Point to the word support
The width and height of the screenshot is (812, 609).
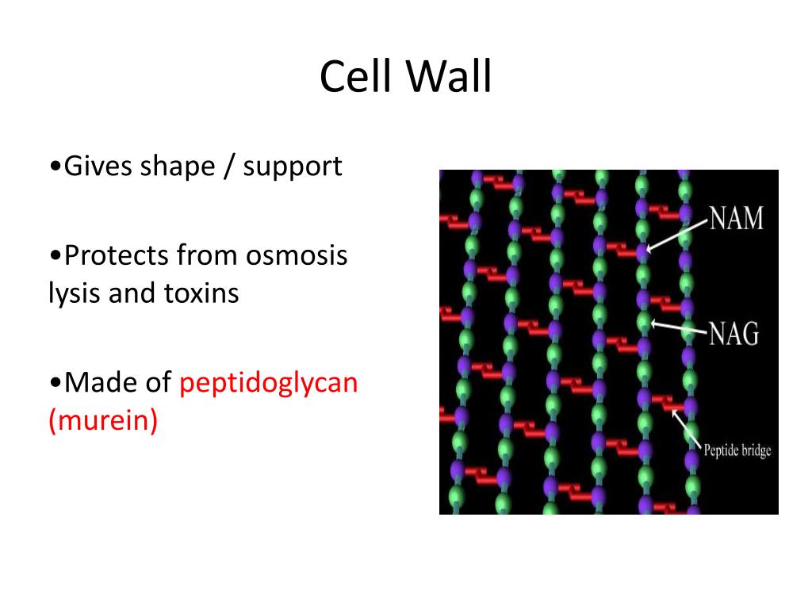pos(293,167)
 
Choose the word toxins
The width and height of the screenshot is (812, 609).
pos(201,293)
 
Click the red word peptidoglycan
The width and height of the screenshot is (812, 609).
pos(269,382)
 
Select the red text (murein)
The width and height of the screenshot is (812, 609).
pos(103,420)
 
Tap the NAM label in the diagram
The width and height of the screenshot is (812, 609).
pos(737,217)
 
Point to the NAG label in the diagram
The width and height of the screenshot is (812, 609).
pos(734,333)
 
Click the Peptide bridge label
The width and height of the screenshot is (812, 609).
pos(737,451)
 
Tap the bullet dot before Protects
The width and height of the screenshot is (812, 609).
pos(54,257)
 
